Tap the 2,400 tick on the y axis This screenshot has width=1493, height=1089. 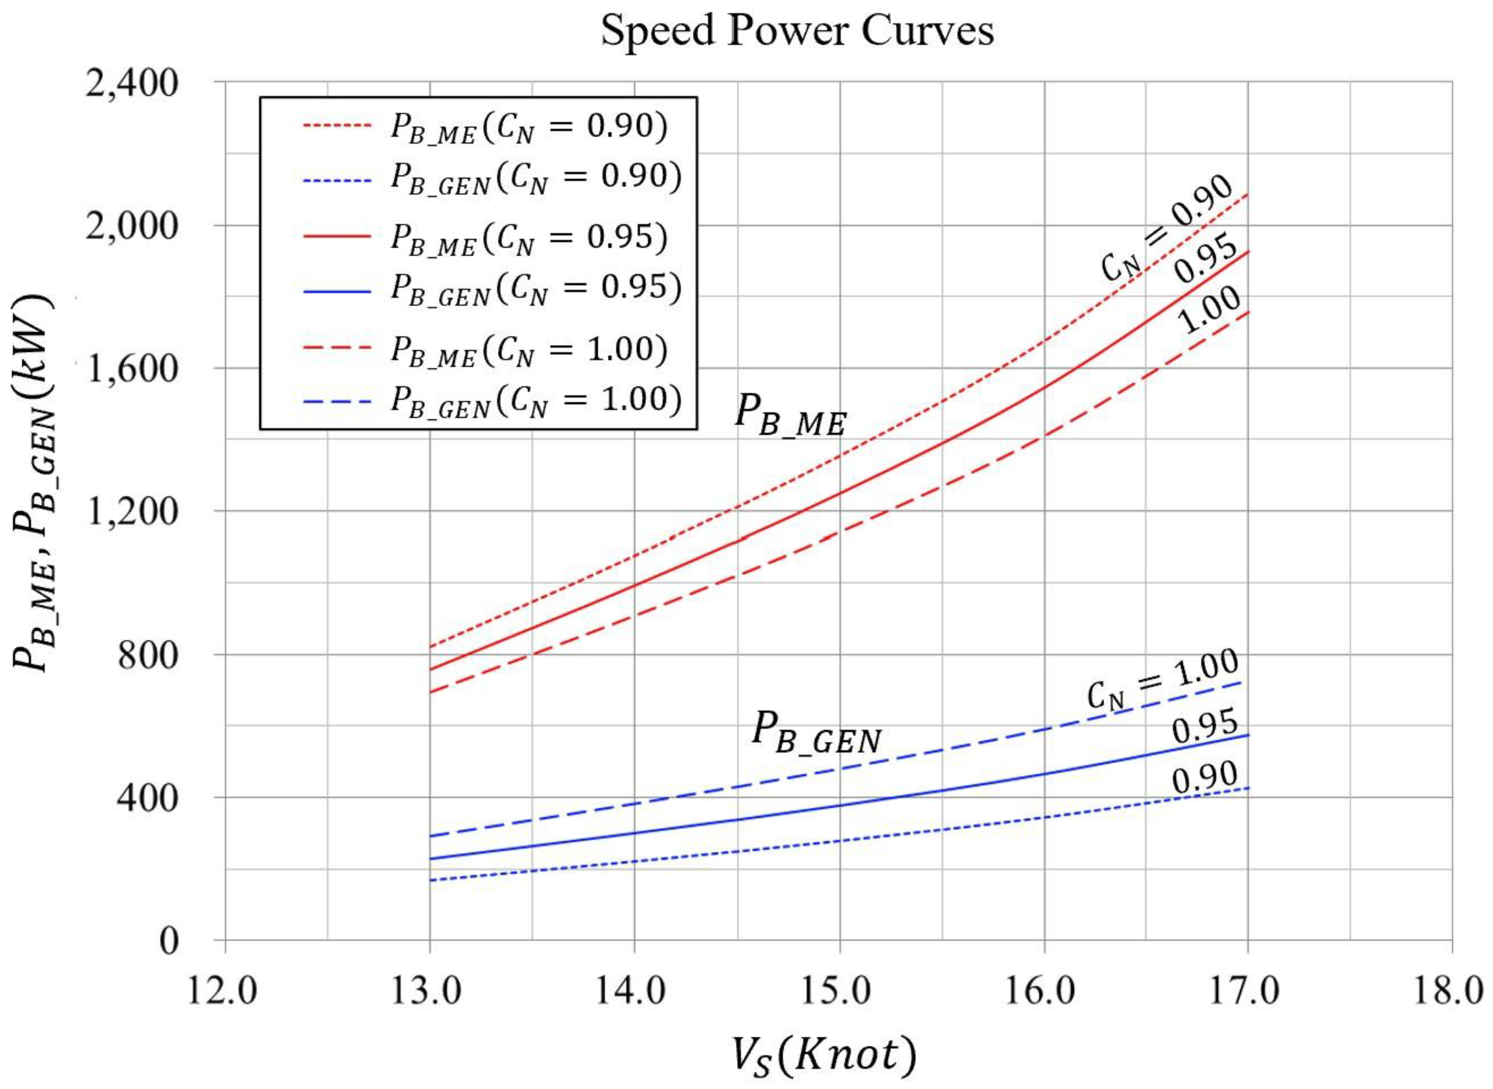[x=132, y=84]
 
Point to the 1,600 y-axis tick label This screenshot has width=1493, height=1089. [x=132, y=369]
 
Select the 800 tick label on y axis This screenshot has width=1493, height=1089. [x=148, y=656]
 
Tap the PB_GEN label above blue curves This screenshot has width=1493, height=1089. [x=816, y=733]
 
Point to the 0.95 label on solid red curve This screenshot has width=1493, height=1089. [x=1206, y=259]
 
